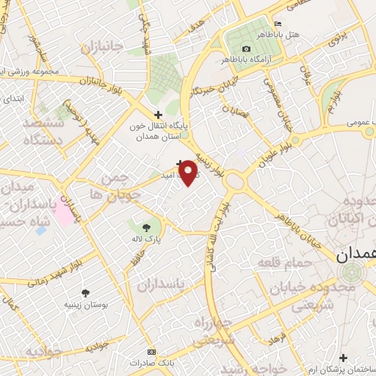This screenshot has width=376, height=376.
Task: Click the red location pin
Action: point(188,170)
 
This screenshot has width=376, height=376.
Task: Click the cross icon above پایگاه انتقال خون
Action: point(158,114)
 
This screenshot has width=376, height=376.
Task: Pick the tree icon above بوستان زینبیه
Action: point(86,292)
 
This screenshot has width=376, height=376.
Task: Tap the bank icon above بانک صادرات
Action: point(152,352)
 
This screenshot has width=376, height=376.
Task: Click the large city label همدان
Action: point(355,256)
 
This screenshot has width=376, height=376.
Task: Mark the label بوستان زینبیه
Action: point(86,303)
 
